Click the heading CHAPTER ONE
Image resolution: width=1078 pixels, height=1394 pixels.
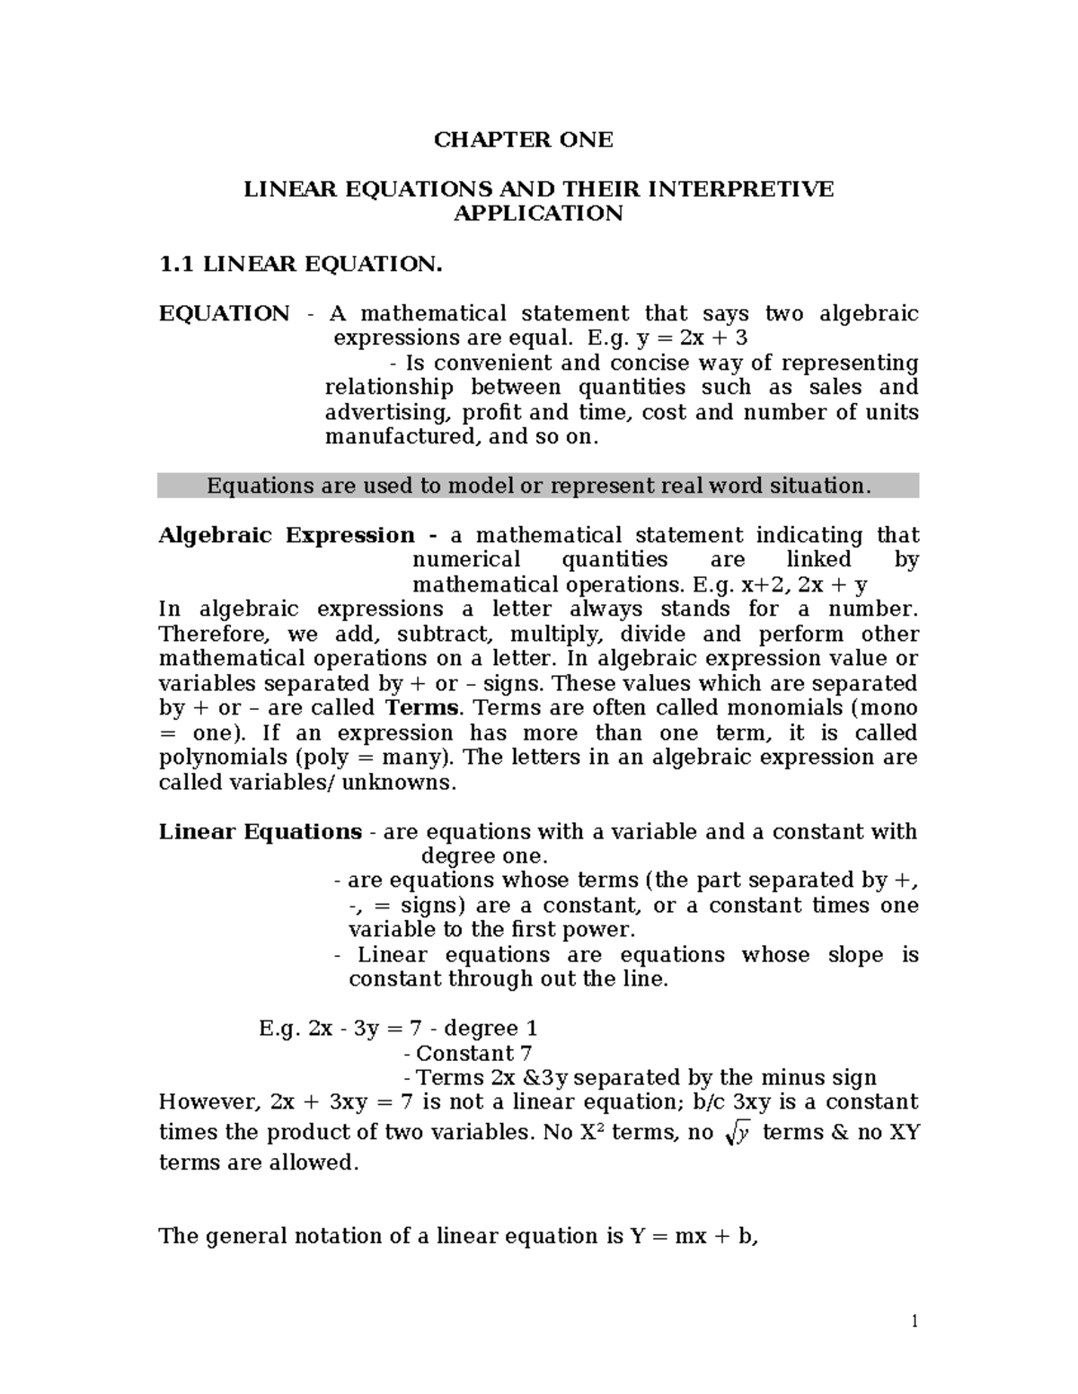[523, 140]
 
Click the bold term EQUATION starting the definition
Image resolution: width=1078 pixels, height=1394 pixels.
[224, 313]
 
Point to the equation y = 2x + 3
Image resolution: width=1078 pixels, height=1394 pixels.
[689, 338]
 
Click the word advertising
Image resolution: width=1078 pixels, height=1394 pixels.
[389, 413]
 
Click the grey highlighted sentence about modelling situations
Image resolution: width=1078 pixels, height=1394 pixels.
[538, 486]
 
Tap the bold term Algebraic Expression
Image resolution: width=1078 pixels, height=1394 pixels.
[287, 536]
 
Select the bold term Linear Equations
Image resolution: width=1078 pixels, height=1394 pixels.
[261, 832]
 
